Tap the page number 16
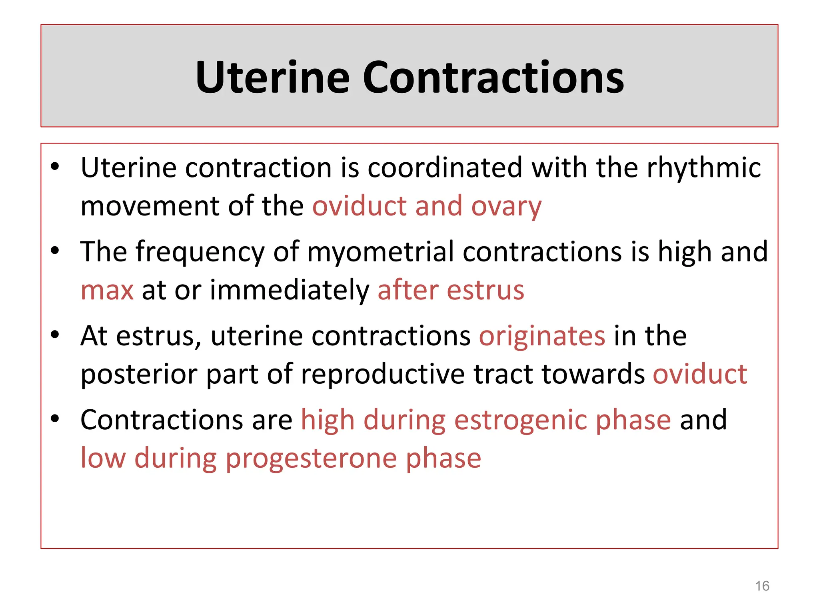tap(762, 586)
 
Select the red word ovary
tap(506, 207)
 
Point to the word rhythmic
tap(704, 168)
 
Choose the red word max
tap(107, 291)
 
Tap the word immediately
tap(290, 291)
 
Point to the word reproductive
tap(383, 375)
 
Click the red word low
tap(103, 459)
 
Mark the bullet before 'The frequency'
tap(55, 251)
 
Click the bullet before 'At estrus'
tap(55, 335)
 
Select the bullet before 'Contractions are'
tap(55, 419)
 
